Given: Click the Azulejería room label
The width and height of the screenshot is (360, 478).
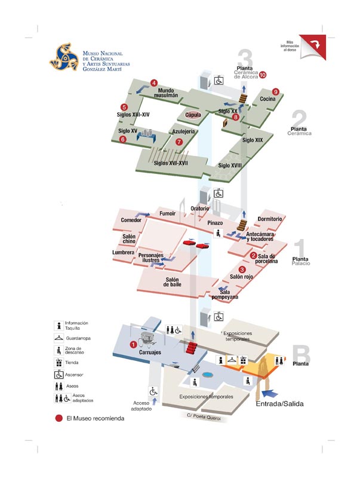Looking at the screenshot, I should [184, 131].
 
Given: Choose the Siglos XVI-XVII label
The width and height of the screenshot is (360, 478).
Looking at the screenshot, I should [171, 163].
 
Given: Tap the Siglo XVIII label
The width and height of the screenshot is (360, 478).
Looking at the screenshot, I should [230, 165].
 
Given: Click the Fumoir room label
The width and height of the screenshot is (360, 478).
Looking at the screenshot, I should [167, 213].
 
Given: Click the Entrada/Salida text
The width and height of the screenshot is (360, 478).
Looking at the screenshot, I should [280, 404].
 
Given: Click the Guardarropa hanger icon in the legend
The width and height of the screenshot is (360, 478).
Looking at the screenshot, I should [59, 338].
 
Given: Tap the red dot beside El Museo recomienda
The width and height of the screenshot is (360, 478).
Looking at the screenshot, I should [59, 418].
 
